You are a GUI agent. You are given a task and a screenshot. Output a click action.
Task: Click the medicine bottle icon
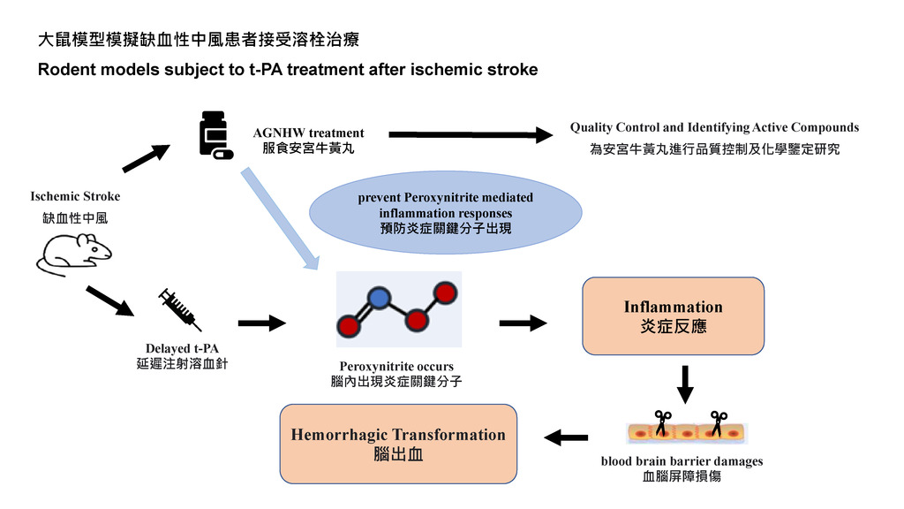[215, 135]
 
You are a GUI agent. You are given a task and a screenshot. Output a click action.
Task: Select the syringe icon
[179, 309]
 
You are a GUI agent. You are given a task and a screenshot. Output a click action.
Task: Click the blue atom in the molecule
[378, 299]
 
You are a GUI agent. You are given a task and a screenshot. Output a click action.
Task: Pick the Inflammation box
[673, 315]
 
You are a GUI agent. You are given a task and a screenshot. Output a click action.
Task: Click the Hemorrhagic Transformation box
[398, 444]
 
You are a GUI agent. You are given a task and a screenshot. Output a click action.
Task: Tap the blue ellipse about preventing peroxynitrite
[445, 212]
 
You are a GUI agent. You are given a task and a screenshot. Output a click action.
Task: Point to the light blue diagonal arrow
[280, 218]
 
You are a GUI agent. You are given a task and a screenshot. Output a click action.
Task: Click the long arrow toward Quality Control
[471, 134]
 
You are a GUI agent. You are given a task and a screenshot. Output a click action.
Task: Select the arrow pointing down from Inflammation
[685, 384]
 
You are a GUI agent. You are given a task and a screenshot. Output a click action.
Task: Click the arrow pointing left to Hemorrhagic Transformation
[566, 437]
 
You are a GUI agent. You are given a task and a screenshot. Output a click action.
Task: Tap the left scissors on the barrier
[662, 422]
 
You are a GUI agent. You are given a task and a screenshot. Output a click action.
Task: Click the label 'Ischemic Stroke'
[76, 196]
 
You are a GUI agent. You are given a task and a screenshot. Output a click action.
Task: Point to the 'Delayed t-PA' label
[182, 348]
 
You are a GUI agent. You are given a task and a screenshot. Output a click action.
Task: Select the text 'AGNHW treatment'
[308, 133]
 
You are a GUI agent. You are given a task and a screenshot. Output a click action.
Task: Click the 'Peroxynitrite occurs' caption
[396, 366]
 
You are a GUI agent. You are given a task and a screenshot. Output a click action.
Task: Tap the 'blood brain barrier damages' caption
[682, 460]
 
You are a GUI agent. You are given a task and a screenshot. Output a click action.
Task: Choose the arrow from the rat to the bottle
[147, 158]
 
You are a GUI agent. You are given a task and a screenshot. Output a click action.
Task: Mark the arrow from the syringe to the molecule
[262, 323]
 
